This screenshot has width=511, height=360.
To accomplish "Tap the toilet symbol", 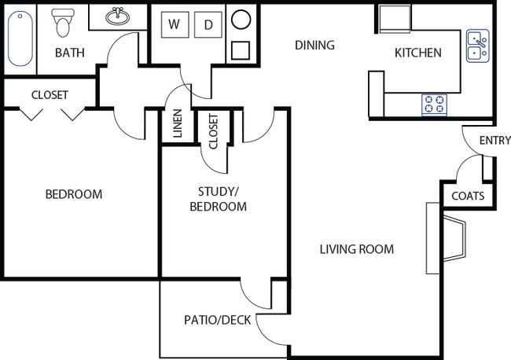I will (63, 25).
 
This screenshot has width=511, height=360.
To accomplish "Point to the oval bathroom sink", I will (119, 16).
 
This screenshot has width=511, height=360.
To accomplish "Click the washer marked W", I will (174, 25).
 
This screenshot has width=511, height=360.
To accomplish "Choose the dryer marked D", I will (208, 25).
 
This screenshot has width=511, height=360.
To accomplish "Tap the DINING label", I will (315, 45).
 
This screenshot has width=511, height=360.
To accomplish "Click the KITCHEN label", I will (417, 53).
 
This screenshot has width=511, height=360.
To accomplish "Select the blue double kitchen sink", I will (476, 45).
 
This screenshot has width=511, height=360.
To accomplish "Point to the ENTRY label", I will (494, 141).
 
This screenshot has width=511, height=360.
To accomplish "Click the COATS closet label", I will (467, 197).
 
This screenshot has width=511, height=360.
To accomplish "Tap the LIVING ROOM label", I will (356, 250).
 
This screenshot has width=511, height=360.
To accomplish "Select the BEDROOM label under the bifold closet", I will (74, 194).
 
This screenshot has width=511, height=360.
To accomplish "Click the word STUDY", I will (219, 191).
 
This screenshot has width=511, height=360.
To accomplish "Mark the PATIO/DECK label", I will (218, 320).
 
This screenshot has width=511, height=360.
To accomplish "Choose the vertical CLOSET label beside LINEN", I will (213, 132).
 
